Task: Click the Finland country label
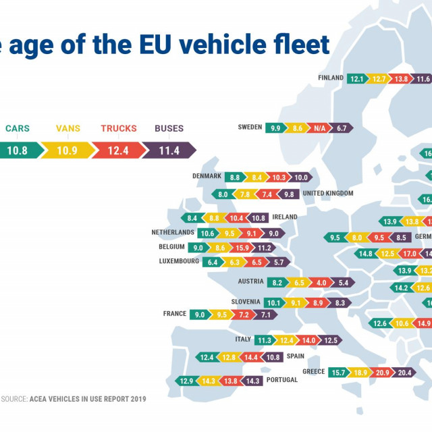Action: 331,78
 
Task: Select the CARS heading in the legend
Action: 17,128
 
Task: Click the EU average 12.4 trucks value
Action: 117,151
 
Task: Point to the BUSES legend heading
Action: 169,128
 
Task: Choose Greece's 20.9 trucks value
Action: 383,372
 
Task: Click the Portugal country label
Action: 281,380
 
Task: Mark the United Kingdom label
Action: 328,194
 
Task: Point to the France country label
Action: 175,314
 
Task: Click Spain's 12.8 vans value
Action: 229,356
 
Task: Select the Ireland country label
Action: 285,217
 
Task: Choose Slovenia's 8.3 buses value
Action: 339,303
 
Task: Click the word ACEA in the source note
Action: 39,399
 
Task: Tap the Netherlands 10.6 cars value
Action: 207,233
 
